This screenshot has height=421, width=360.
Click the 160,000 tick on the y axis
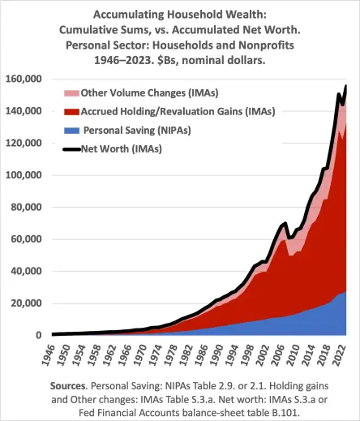pos(26,79)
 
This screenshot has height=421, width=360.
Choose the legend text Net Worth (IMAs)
pos(120,149)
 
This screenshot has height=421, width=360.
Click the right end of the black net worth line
pos(347,86)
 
